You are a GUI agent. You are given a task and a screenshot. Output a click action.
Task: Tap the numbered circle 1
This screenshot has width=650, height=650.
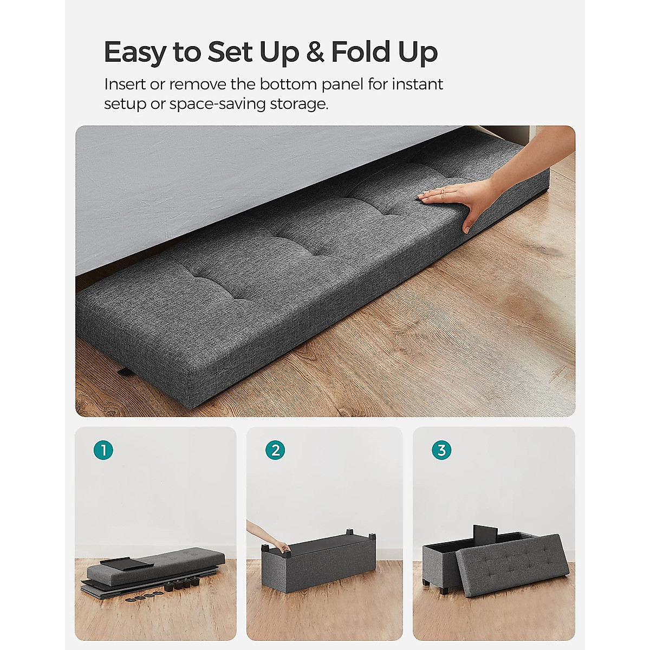point(103,450)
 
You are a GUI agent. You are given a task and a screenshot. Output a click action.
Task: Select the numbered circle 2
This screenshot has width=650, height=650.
point(275,450)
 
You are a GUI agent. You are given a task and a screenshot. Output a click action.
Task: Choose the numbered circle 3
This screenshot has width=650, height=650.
point(441,450)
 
